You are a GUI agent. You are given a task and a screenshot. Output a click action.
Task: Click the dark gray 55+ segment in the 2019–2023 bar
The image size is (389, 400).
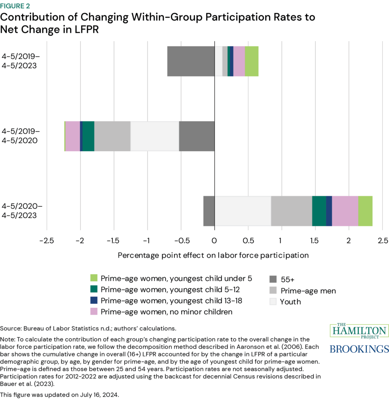coord(191,61)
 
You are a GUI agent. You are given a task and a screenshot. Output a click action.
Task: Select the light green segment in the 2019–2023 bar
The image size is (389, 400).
coord(252,61)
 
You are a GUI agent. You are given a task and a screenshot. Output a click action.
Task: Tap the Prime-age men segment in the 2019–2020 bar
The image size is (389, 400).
coord(112,136)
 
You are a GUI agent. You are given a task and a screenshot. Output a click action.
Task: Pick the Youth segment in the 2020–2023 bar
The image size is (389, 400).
coord(243,211)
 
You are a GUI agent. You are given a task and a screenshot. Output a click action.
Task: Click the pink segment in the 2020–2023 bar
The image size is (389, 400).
coord(345,211)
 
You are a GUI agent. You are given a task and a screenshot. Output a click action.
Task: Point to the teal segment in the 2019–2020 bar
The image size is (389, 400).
coord(88,136)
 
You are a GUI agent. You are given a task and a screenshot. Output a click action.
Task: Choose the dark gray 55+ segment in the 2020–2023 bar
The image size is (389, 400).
coord(209,211)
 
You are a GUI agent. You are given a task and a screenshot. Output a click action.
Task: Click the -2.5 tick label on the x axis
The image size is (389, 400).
coord(46,239)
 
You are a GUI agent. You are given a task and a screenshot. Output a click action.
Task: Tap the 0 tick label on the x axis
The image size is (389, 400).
coord(214,239)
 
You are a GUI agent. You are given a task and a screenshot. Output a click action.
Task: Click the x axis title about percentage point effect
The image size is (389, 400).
coord(213,255)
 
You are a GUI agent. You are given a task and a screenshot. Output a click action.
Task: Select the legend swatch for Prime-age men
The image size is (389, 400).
coord(273,291)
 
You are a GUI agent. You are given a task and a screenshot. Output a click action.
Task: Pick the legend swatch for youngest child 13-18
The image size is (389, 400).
coord(94,301)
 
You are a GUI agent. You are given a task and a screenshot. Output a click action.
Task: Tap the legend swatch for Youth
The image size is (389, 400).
coord(273,302)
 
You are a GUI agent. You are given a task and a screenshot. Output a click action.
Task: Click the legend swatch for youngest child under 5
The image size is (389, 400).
coord(94,279)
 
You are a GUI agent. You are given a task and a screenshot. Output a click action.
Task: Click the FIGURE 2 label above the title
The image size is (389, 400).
coord(18,6)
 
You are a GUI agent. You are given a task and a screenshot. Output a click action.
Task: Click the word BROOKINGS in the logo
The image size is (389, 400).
coord(359,348)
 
